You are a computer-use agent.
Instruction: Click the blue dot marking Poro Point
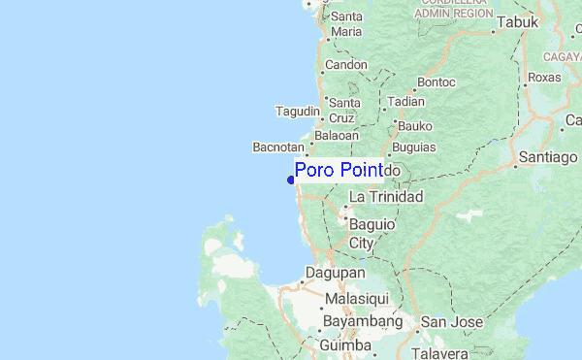click(291, 179)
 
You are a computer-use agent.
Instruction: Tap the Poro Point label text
click(339, 171)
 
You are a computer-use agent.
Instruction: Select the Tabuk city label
click(517, 22)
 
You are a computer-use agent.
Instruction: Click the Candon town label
click(346, 65)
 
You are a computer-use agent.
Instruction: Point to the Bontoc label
click(436, 82)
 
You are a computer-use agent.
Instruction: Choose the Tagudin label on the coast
click(298, 110)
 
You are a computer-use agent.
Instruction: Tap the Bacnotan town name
click(277, 147)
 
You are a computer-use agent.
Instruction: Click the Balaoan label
click(336, 135)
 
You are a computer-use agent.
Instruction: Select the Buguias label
click(414, 147)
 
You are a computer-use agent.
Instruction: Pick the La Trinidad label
click(386, 197)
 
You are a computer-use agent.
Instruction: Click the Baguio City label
click(372, 233)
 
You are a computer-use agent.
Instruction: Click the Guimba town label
click(345, 344)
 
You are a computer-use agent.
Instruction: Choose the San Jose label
click(445, 322)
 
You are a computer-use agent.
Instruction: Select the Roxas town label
click(544, 78)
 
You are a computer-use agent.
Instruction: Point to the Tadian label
click(405, 101)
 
